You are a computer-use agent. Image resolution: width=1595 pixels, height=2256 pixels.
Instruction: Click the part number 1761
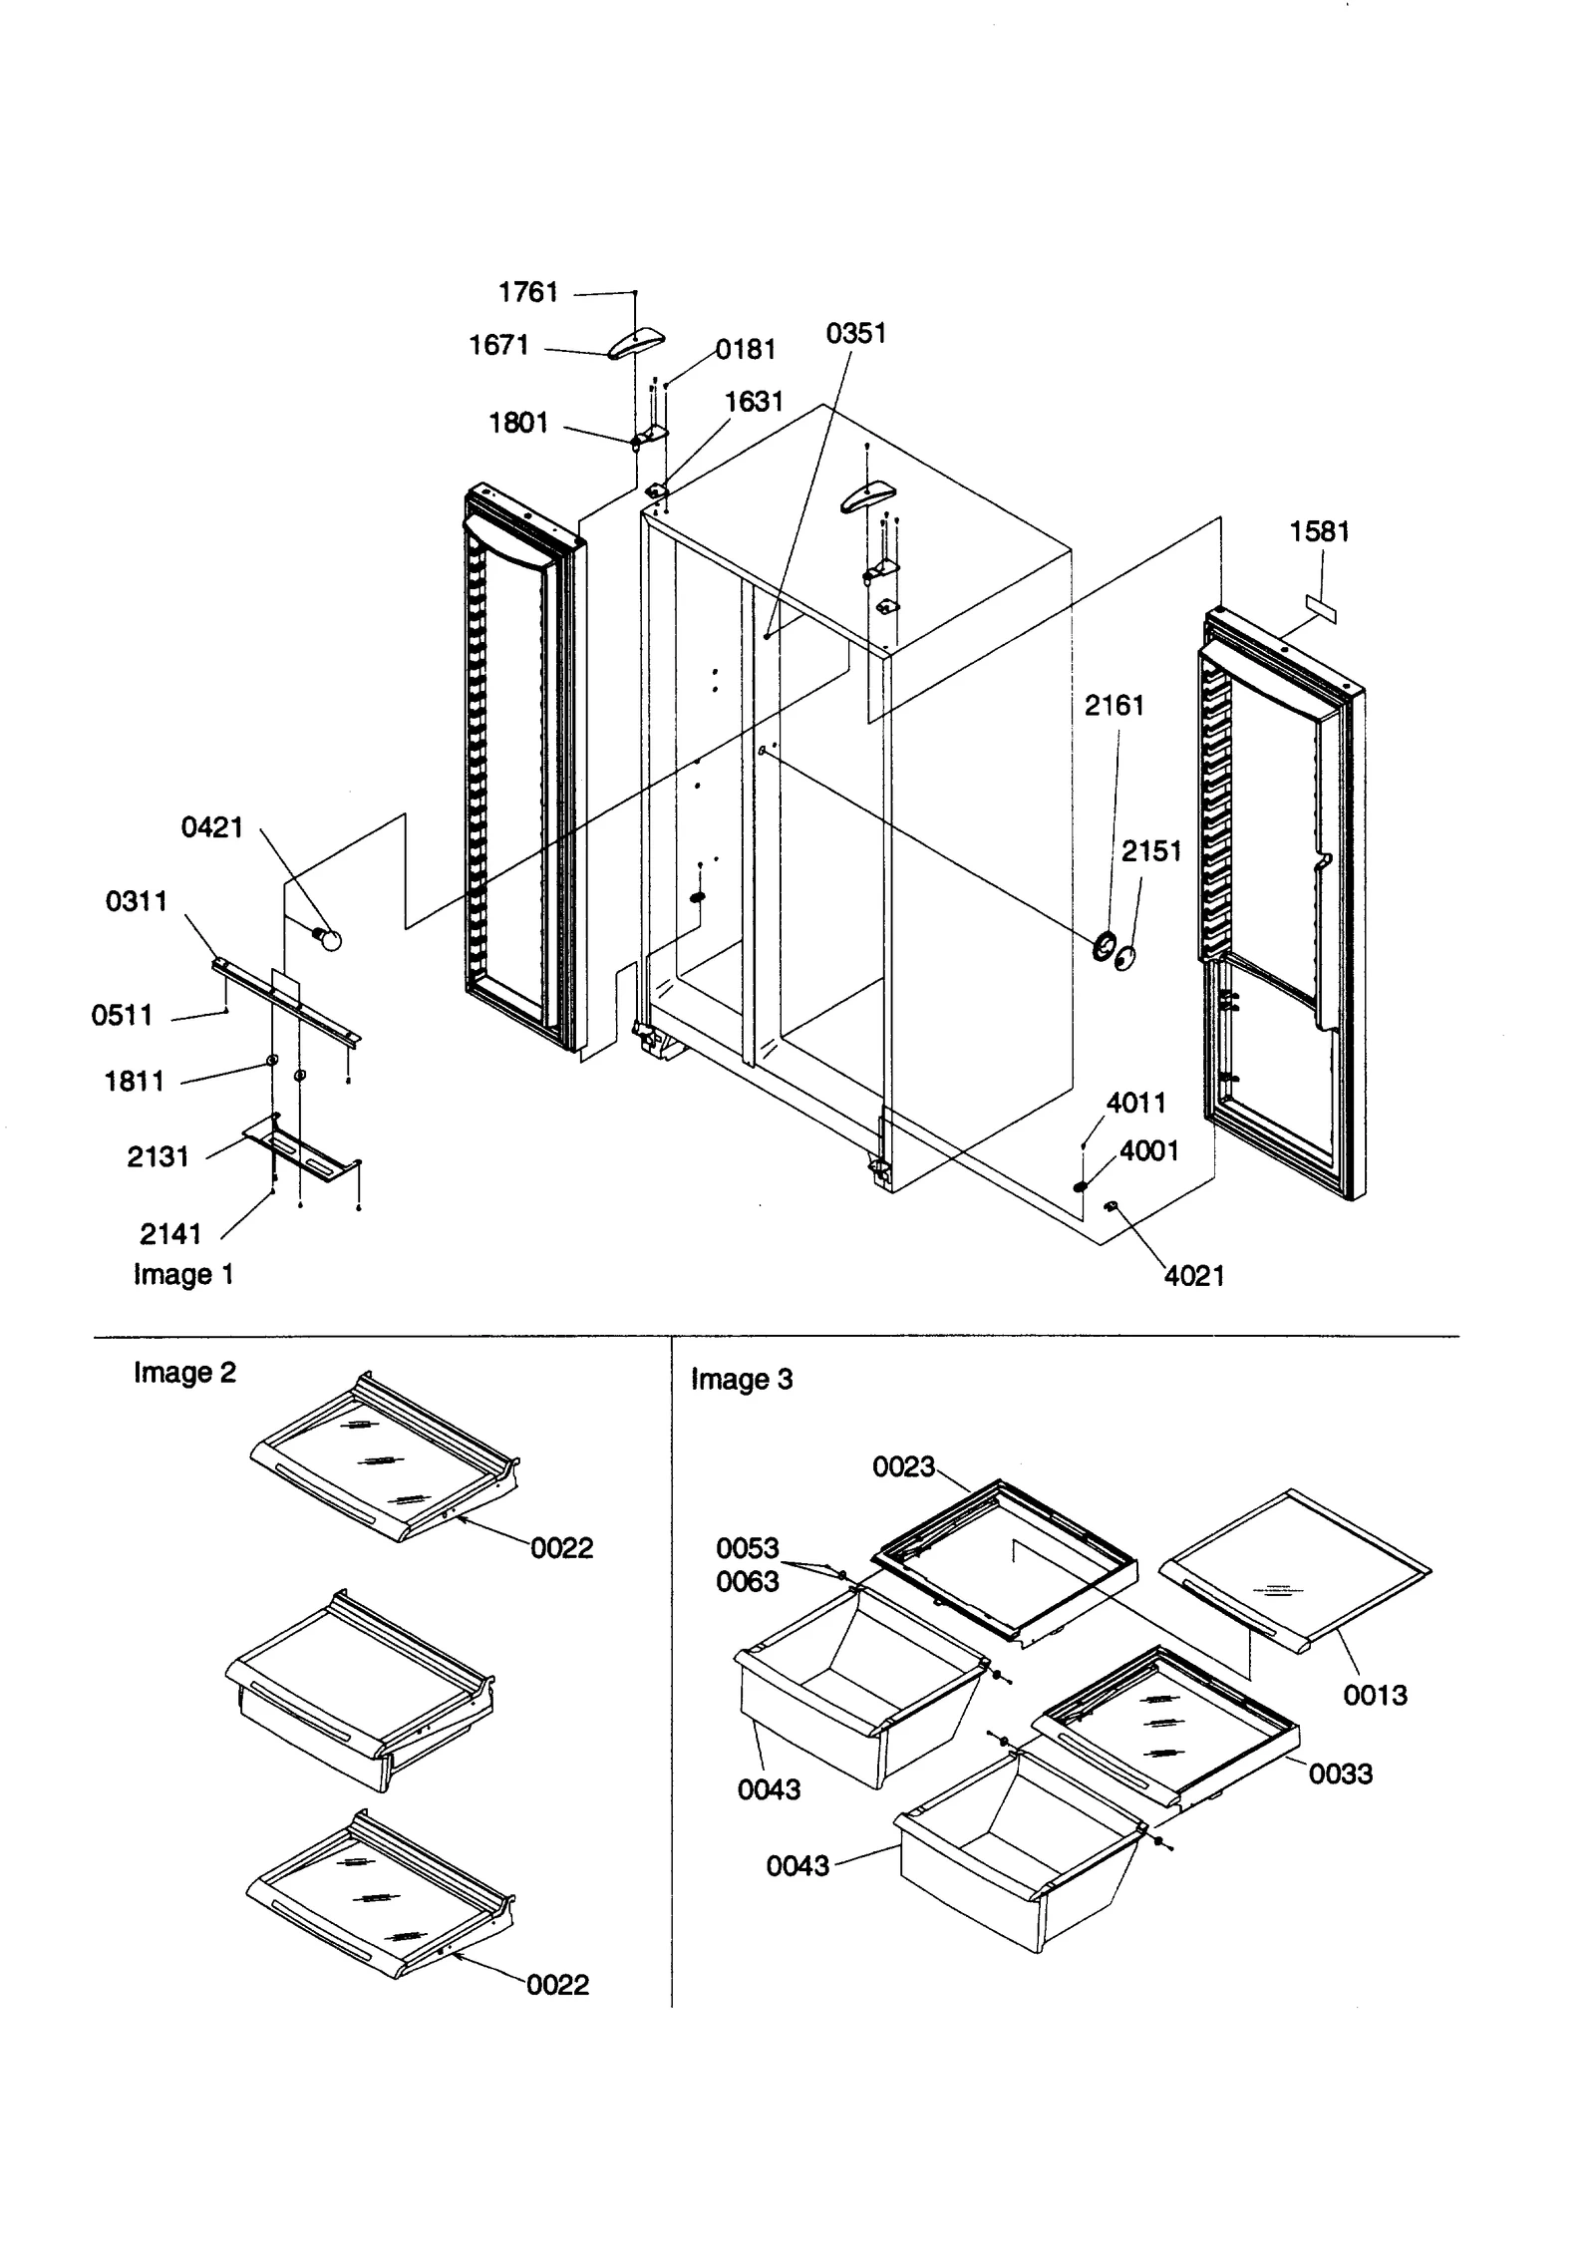tap(527, 292)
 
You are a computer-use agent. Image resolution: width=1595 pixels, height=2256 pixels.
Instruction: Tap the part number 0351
tap(855, 333)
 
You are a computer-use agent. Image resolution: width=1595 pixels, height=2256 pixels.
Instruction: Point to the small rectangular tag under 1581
tap(1321, 607)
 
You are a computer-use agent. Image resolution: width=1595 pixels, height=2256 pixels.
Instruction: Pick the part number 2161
tap(1114, 706)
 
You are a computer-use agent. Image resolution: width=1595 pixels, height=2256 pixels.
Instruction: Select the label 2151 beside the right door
tap(1150, 851)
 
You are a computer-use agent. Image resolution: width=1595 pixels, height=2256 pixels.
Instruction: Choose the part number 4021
tap(1193, 1275)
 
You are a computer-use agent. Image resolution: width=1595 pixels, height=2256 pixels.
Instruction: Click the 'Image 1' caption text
tap(183, 1274)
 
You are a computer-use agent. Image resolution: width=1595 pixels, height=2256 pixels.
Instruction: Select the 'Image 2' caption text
tap(184, 1373)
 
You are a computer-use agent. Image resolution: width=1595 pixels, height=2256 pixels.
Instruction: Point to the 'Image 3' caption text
tap(741, 1380)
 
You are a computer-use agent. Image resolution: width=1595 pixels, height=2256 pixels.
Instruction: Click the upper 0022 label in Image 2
tap(561, 1547)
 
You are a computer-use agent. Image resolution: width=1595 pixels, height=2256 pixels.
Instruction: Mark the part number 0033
tap(1340, 1773)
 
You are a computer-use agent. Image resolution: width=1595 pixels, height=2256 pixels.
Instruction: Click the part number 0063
tap(747, 1581)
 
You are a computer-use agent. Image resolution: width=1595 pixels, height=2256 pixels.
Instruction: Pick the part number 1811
tap(134, 1081)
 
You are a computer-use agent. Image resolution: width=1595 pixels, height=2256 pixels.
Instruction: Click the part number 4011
tap(1135, 1103)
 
